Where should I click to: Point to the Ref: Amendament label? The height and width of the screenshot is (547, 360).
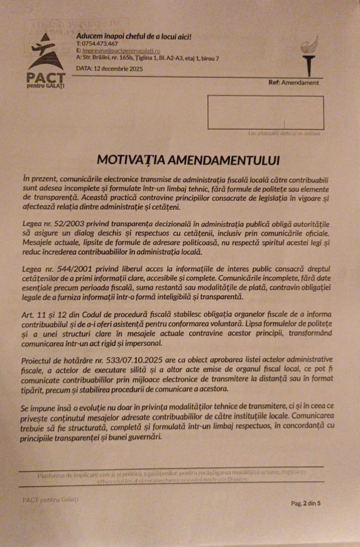pyautogui.click(x=293, y=83)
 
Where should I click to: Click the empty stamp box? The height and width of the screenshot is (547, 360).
pyautogui.click(x=265, y=112)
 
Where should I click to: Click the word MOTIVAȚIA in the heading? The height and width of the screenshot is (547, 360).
pyautogui.click(x=130, y=159)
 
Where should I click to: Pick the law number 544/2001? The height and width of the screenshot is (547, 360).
pyautogui.click(x=66, y=266)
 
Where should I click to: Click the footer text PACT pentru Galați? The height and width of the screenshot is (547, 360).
pyautogui.click(x=51, y=499)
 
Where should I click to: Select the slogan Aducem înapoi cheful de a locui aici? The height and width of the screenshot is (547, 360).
pyautogui.click(x=134, y=36)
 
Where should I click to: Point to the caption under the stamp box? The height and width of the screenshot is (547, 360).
pyautogui.click(x=284, y=133)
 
